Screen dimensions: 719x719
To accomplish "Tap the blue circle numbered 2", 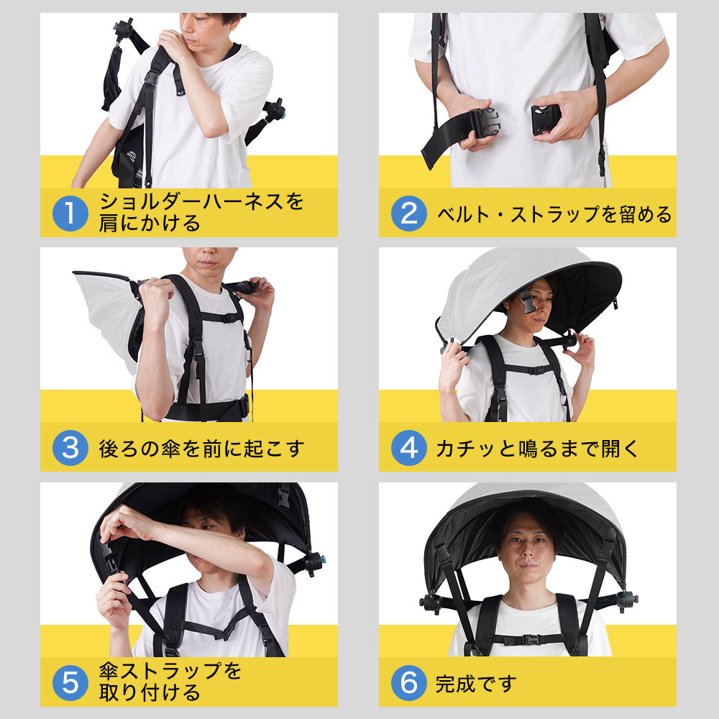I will point(408,214).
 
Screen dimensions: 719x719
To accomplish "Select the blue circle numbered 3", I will point(70,448).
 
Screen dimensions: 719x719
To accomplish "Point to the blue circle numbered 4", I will point(408,448).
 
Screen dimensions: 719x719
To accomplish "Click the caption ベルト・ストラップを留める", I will point(554,214).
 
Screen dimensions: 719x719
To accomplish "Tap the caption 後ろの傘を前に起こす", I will point(201,449).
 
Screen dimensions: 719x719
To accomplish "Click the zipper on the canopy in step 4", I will point(617,302).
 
